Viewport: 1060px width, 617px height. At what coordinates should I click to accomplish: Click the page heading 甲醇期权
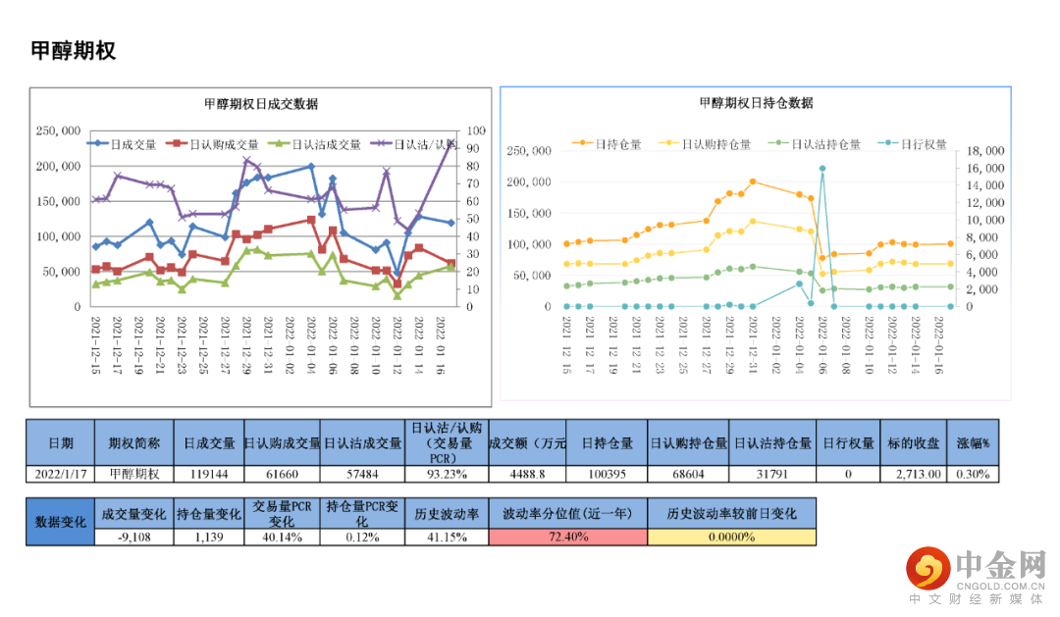point(74,51)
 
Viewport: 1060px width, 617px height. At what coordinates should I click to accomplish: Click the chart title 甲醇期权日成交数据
point(260,104)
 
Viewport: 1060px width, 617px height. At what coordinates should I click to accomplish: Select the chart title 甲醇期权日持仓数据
point(756,103)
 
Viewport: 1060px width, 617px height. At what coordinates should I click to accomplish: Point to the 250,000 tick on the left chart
point(58,130)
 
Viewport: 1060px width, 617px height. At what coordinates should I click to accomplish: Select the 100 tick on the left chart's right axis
point(476,130)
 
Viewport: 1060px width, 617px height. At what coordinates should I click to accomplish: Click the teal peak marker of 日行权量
point(822,169)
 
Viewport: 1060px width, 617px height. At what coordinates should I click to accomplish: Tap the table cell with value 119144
point(207,474)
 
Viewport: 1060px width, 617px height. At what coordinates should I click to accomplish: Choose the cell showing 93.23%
point(446,474)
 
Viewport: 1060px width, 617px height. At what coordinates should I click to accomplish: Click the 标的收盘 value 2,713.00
point(917,474)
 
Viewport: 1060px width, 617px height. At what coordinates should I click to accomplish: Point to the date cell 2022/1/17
point(61,474)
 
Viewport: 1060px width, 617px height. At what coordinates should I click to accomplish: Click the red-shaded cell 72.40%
point(567,537)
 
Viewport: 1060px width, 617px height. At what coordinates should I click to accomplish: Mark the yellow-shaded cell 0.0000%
point(730,537)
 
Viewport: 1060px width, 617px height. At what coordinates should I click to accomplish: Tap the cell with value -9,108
point(133,537)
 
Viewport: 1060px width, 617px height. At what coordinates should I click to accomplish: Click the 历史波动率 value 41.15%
point(446,537)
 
